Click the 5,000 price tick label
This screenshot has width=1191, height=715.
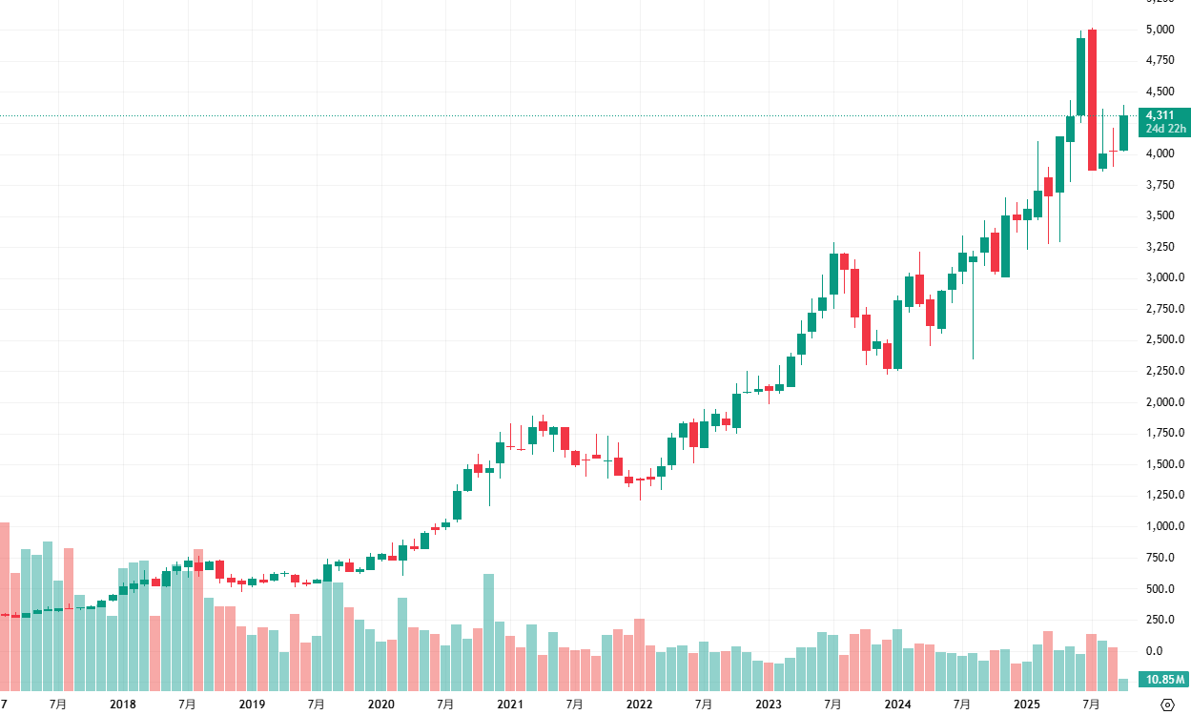point(1160,30)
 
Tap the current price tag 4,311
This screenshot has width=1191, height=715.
point(1160,115)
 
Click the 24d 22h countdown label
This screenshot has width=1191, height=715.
point(1166,129)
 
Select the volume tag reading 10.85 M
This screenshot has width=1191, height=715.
point(1166,680)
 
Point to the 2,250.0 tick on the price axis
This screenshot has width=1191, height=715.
point(1165,371)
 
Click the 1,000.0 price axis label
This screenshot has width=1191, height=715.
point(1165,526)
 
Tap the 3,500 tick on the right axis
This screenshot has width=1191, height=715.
point(1160,215)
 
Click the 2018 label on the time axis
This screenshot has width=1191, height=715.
point(123,705)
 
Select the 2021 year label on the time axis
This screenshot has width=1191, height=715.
point(510,705)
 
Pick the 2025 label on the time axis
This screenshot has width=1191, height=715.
point(1026,705)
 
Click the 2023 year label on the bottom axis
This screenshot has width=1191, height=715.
point(769,705)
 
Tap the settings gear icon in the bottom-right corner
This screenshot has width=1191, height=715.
point(1167,705)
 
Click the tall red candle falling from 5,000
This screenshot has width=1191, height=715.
point(1092,100)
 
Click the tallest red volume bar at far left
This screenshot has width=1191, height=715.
point(5,605)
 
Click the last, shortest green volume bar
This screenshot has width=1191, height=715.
point(1123,684)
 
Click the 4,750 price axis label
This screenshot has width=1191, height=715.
point(1160,60)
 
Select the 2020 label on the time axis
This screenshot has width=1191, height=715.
point(380,705)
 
